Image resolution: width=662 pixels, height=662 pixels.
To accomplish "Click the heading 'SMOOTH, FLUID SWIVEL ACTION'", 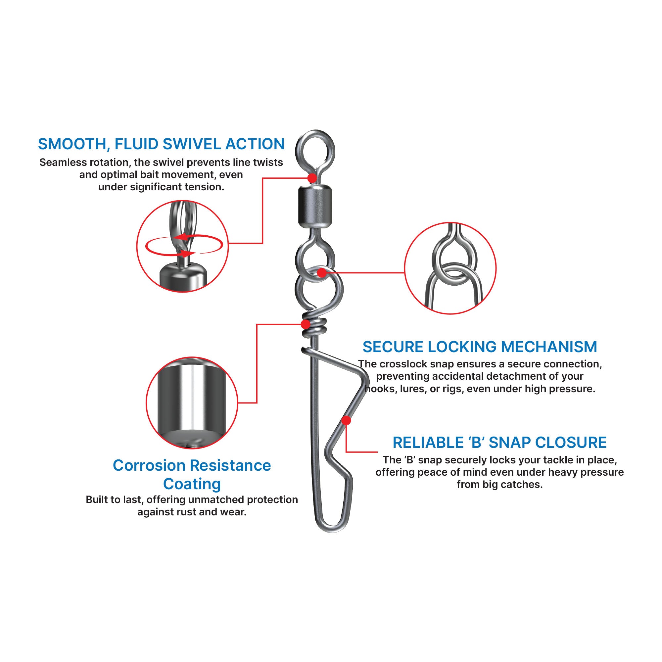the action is click(x=161, y=144).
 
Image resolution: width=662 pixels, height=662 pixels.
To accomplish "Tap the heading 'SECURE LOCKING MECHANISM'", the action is click(x=480, y=347).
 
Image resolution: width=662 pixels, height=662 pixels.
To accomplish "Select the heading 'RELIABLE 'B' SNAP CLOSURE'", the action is click(x=499, y=443).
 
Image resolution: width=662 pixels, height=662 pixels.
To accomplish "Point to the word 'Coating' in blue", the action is click(x=192, y=484).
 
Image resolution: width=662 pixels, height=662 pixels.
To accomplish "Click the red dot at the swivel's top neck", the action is click(x=312, y=178).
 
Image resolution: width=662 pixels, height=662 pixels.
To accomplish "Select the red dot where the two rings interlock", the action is click(x=321, y=273).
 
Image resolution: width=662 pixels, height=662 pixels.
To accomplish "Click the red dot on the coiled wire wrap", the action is click(x=305, y=324).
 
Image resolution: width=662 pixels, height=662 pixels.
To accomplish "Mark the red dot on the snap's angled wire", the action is click(x=347, y=420).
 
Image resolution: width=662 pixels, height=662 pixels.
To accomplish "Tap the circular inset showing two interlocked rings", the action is click(x=450, y=268).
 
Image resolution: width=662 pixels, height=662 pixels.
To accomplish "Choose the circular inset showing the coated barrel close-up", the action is click(x=192, y=402).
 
